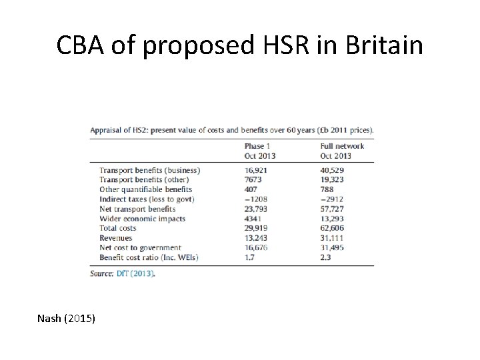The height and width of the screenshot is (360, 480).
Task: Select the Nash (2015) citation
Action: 67,319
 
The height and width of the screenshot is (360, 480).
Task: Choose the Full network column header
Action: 342,146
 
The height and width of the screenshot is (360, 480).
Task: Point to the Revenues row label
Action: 115,238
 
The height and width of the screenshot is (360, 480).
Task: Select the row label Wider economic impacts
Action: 142,219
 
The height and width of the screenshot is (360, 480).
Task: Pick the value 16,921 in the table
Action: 257,170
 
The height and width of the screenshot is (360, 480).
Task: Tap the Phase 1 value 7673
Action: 254,180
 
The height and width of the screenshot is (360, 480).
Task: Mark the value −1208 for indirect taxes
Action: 256,199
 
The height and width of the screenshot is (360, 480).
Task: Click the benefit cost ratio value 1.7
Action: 250,257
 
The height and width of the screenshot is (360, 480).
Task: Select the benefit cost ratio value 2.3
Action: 325,257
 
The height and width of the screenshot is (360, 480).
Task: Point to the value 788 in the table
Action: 327,189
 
